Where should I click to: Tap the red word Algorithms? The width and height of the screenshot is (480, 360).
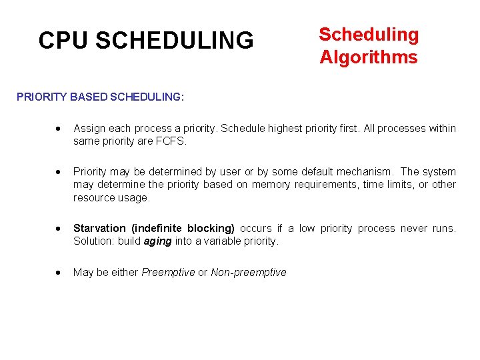click(x=369, y=57)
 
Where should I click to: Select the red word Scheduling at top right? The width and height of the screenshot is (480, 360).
click(x=369, y=35)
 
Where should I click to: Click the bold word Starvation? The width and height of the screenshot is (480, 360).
click(x=98, y=229)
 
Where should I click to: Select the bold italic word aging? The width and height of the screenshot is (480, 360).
click(x=157, y=241)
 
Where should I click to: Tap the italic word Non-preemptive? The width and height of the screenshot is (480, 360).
click(x=249, y=272)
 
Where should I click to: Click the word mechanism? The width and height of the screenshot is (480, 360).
click(x=363, y=172)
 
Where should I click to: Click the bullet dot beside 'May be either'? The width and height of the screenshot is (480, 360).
click(x=59, y=273)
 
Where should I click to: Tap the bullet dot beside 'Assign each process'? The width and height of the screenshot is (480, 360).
click(x=59, y=129)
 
